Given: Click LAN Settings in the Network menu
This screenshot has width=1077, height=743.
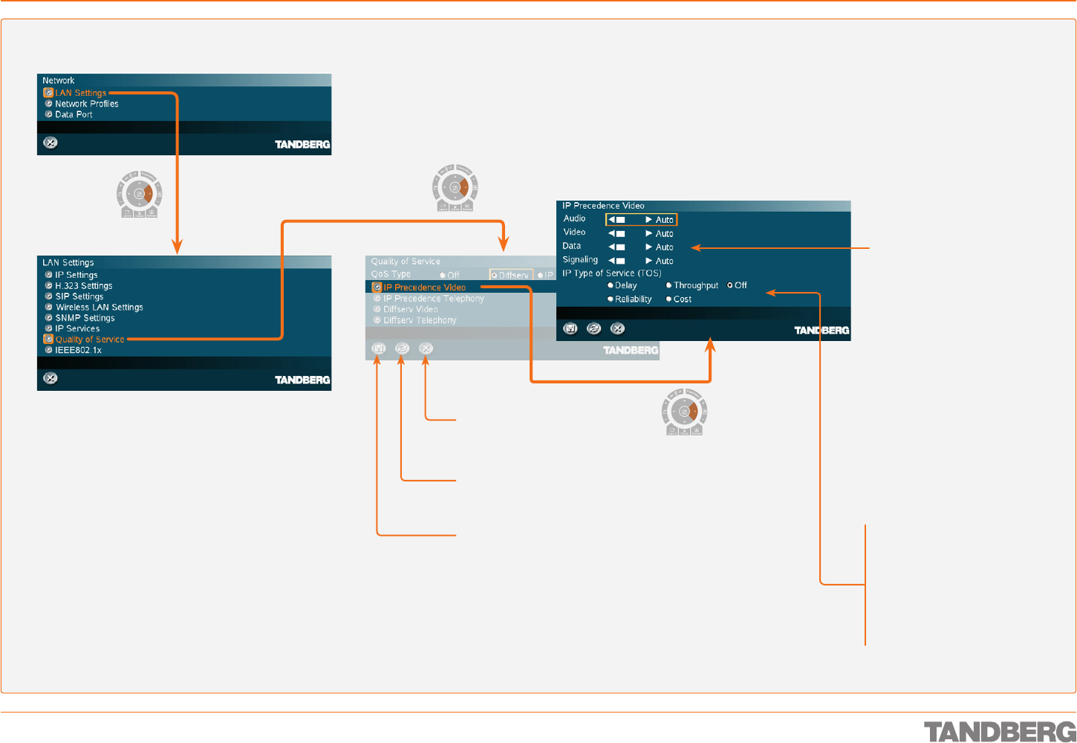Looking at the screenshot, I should [80, 93].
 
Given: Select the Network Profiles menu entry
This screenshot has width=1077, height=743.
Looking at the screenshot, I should [86, 104].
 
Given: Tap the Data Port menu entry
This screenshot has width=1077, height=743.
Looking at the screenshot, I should [74, 114].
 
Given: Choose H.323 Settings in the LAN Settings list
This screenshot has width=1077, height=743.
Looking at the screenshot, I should [83, 286].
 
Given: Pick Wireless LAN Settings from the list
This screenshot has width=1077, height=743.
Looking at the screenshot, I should [99, 308].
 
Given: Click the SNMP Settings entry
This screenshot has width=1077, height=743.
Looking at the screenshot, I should [85, 318].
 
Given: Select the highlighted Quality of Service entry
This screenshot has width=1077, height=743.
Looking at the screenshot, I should [89, 340].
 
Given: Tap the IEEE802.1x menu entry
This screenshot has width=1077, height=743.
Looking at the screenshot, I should [78, 350].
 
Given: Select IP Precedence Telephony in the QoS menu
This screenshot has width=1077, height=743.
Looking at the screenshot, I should [433, 299].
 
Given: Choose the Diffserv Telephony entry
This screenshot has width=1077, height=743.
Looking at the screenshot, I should [420, 320].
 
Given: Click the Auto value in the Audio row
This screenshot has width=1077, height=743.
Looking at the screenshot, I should [664, 220].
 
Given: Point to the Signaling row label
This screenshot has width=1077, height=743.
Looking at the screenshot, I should [580, 260].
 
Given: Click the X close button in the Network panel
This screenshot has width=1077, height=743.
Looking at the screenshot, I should [50, 143].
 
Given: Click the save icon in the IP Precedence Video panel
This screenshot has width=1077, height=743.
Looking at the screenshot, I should [570, 328].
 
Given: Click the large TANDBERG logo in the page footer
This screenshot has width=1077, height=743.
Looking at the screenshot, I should [999, 731].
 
